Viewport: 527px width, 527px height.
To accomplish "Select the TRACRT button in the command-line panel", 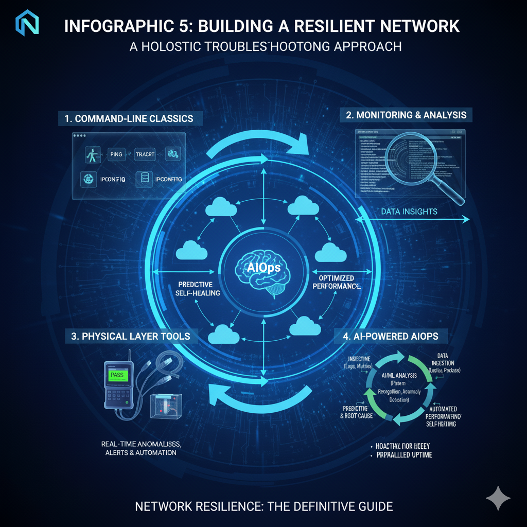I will coord(148,153).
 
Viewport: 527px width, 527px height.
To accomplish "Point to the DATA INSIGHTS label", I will coord(409,212).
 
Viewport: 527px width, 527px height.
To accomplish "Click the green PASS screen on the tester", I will coord(117,375).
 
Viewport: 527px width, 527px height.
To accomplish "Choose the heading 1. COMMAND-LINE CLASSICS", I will coord(129,118).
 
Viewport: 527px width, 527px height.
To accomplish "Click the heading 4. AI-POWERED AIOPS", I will coord(391,337).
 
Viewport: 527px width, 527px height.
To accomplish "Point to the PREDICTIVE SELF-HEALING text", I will coord(199,288).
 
